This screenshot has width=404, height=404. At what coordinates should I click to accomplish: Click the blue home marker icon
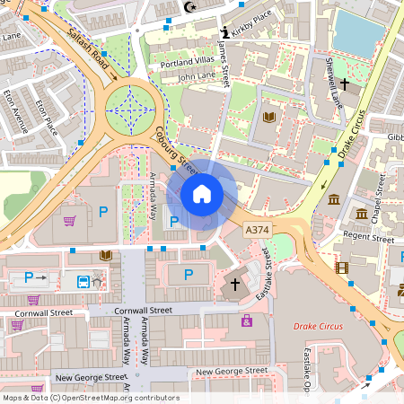pyautogui.click(x=202, y=193)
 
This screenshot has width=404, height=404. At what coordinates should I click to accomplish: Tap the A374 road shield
pyautogui.click(x=258, y=231)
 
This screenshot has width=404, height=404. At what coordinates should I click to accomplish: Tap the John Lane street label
pyautogui.click(x=197, y=77)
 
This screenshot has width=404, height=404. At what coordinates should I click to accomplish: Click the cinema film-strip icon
pyautogui.click(x=341, y=267)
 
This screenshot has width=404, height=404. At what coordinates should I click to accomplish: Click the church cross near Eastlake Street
pyautogui.click(x=235, y=284)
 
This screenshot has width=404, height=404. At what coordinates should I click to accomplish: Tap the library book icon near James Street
pyautogui.click(x=268, y=118)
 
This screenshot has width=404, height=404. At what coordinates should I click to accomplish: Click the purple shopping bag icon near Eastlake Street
pyautogui.click(x=246, y=320)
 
